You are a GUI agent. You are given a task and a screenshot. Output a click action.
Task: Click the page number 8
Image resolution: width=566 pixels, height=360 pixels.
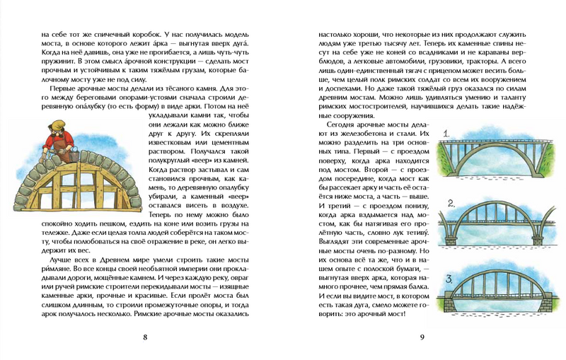(x=144, y=337)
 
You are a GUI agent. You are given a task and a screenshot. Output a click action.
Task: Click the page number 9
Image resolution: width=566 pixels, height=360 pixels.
(x=422, y=337)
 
